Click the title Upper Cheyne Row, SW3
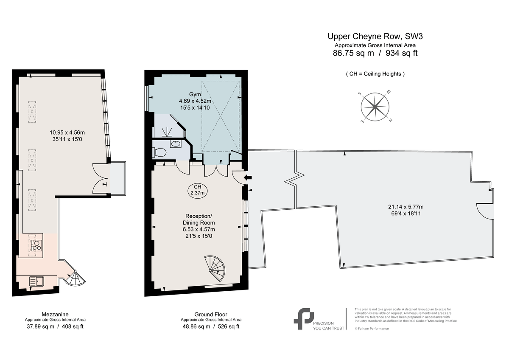(375, 37)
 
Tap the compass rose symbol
(375, 107)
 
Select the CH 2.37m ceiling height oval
(198, 190)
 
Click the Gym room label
(195, 94)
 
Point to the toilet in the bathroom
(160, 152)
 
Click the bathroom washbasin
(176, 144)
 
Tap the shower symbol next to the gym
(167, 132)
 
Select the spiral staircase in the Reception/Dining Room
(215, 269)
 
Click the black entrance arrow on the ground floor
(248, 177)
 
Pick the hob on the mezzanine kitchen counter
(37, 245)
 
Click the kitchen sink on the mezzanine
(36, 281)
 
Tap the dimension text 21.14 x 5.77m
(406, 207)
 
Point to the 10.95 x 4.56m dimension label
(67, 132)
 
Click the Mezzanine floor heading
(55, 314)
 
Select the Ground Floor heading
(211, 314)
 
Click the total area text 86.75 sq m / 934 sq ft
(375, 53)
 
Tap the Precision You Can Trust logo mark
(304, 319)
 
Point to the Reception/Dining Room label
(199, 219)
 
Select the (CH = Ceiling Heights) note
(375, 74)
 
